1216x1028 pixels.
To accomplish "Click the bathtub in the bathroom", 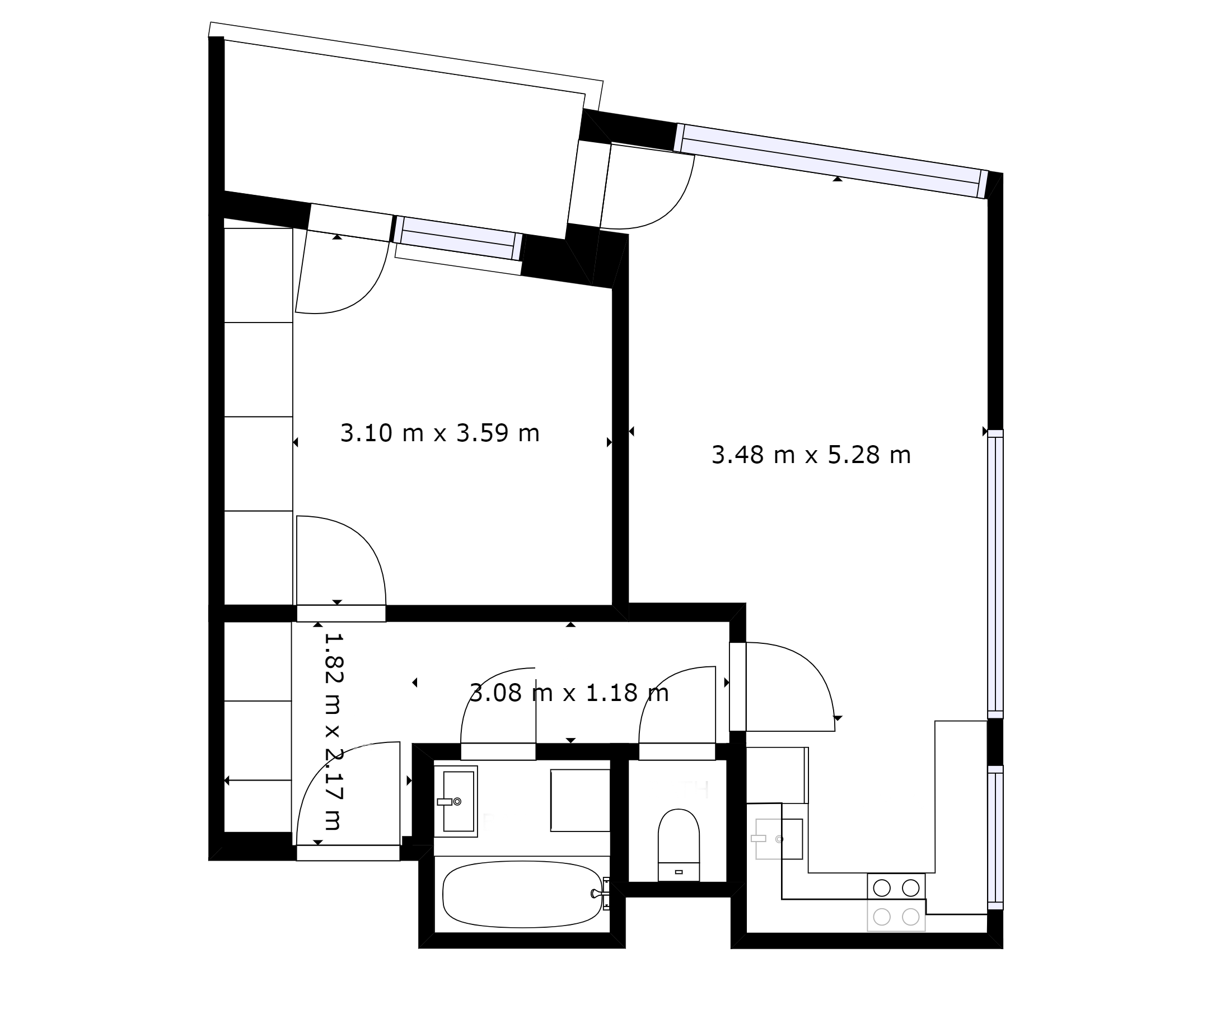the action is pyautogui.click(x=522, y=895).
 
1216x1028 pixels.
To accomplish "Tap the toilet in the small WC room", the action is pyautogui.click(x=678, y=844).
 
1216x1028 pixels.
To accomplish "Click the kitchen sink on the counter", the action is pyautogui.click(x=779, y=839).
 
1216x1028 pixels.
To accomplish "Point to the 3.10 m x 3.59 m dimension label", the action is pyautogui.click(x=440, y=433).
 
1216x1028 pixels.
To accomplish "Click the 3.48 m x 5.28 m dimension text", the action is pyautogui.click(x=811, y=455).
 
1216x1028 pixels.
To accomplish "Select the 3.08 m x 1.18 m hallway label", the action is pyautogui.click(x=569, y=693).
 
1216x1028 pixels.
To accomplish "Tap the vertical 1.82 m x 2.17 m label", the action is pyautogui.click(x=333, y=731).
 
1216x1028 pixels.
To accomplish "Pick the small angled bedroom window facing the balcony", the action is pyautogui.click(x=458, y=239).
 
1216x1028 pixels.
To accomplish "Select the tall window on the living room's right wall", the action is pyautogui.click(x=995, y=574).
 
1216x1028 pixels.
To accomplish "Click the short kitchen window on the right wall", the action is pyautogui.click(x=995, y=838).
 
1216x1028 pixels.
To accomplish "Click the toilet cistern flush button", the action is pyautogui.click(x=678, y=872).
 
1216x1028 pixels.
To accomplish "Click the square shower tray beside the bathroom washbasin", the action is pyautogui.click(x=581, y=800).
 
